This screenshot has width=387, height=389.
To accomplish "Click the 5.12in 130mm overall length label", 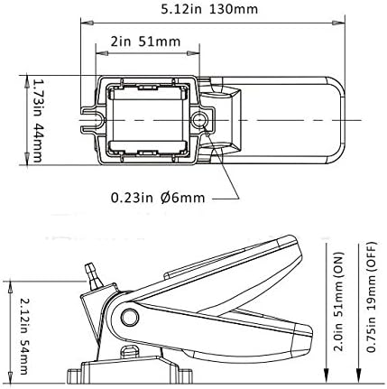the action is pos(209,9).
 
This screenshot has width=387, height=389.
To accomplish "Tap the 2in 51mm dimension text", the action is pos(145,42).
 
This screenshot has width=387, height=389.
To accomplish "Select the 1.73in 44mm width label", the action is pos(38,120).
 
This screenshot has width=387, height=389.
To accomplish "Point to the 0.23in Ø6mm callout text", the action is pos(158,198).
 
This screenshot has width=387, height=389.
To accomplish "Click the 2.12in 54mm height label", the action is pos(24,336).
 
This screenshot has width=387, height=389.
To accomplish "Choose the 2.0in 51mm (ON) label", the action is pos(339,301).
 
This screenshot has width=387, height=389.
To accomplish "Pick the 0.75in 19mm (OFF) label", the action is pos(372,297).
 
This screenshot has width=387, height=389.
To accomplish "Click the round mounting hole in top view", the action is pos(198,120).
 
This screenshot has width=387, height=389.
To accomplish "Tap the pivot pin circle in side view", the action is pos(130,317).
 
